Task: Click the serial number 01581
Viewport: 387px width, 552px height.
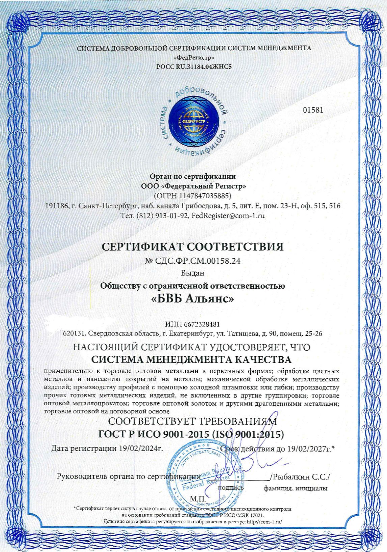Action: pyautogui.click(x=313, y=110)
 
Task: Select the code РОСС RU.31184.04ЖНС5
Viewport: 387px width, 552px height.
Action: pyautogui.click(x=194, y=66)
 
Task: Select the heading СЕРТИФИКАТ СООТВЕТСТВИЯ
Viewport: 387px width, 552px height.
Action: pyautogui.click(x=193, y=246)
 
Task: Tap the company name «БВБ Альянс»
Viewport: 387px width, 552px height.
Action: pyautogui.click(x=193, y=299)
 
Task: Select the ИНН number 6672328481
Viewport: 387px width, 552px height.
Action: pyautogui.click(x=202, y=324)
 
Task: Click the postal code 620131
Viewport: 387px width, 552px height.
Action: pyautogui.click(x=74, y=334)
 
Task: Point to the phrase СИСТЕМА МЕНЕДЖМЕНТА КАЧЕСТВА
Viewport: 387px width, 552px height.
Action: pyautogui.click(x=192, y=359)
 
